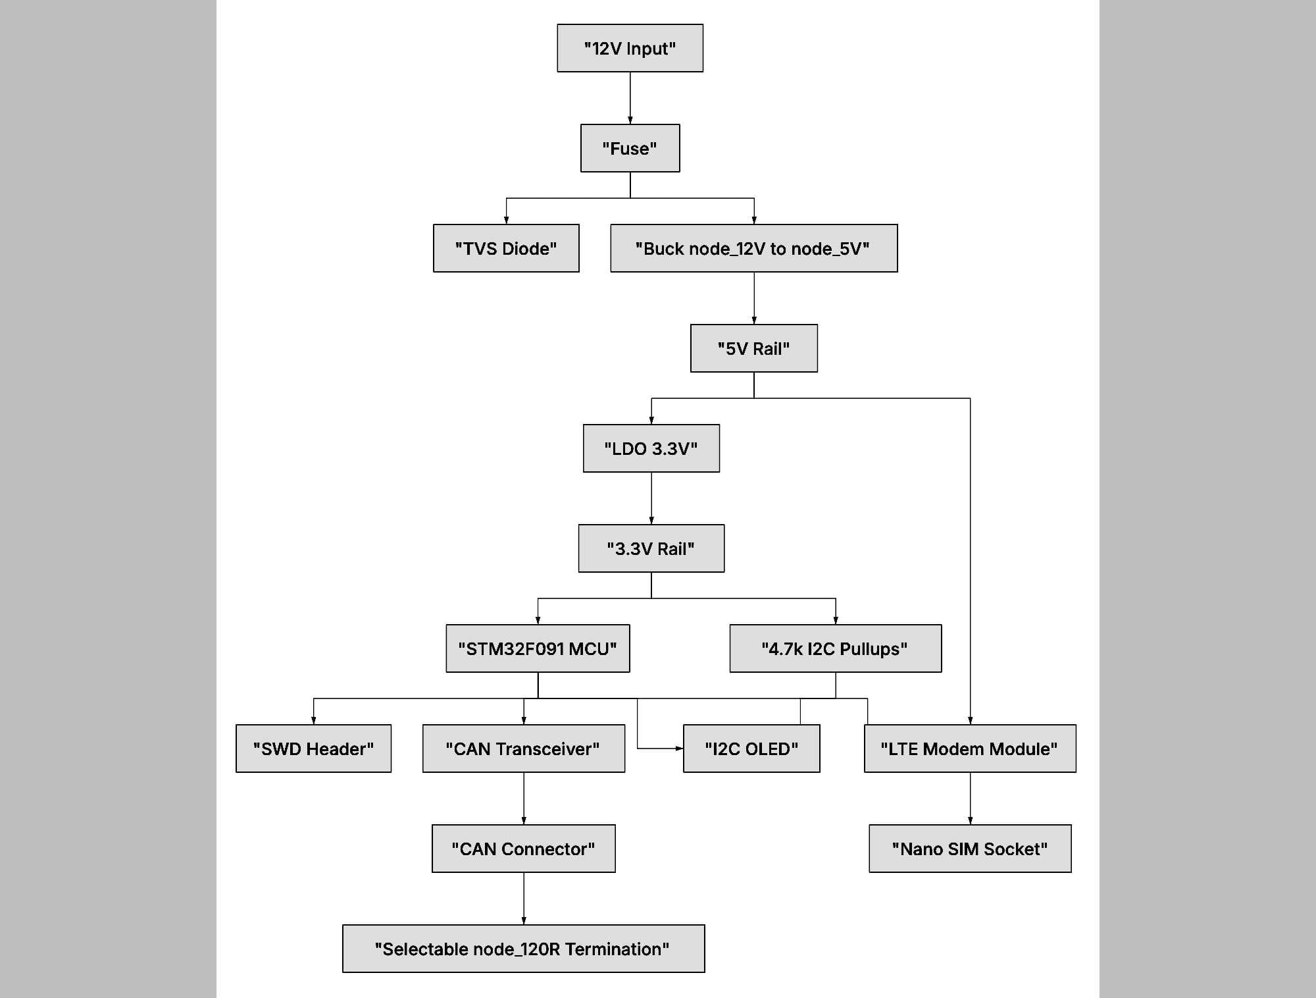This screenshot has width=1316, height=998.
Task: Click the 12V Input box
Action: [x=630, y=48]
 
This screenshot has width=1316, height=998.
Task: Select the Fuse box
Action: [x=630, y=148]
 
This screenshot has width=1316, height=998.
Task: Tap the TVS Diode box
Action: [x=506, y=248]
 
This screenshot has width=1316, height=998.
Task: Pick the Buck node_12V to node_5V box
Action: [x=753, y=248]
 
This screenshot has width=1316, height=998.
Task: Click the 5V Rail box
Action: [x=753, y=348]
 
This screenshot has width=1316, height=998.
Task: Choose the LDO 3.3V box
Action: [x=651, y=448]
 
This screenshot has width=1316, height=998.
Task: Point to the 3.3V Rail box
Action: [x=651, y=548]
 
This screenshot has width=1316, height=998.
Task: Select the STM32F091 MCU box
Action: [x=538, y=648]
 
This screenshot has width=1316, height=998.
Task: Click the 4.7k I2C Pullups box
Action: [x=835, y=648]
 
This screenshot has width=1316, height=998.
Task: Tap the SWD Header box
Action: [x=313, y=748]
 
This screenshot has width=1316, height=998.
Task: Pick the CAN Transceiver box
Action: [x=523, y=748]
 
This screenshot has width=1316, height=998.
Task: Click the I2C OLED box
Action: [x=751, y=748]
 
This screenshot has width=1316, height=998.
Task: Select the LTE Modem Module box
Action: [x=970, y=748]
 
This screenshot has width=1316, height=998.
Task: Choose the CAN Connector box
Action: [x=523, y=849]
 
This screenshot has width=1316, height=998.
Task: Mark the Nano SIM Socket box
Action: [x=970, y=849]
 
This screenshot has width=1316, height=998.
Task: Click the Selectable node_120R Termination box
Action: [x=523, y=949]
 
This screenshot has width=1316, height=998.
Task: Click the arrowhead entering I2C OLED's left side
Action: [x=680, y=748]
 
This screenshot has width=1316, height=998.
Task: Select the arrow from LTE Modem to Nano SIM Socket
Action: [x=970, y=798]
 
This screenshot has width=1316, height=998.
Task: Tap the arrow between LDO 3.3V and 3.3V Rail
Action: [x=651, y=498]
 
